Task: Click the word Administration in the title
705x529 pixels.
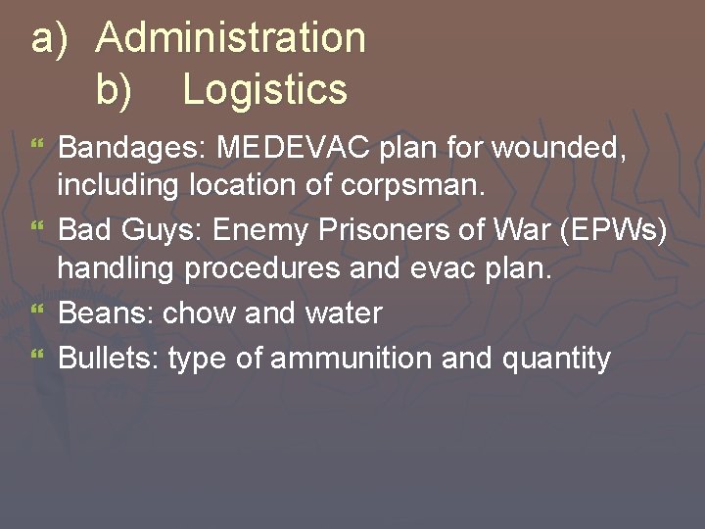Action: point(231,39)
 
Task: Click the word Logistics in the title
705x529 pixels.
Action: point(264,90)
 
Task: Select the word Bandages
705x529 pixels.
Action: point(130,149)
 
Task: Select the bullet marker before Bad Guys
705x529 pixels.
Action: point(38,229)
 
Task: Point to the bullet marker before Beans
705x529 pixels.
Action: point(38,312)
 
